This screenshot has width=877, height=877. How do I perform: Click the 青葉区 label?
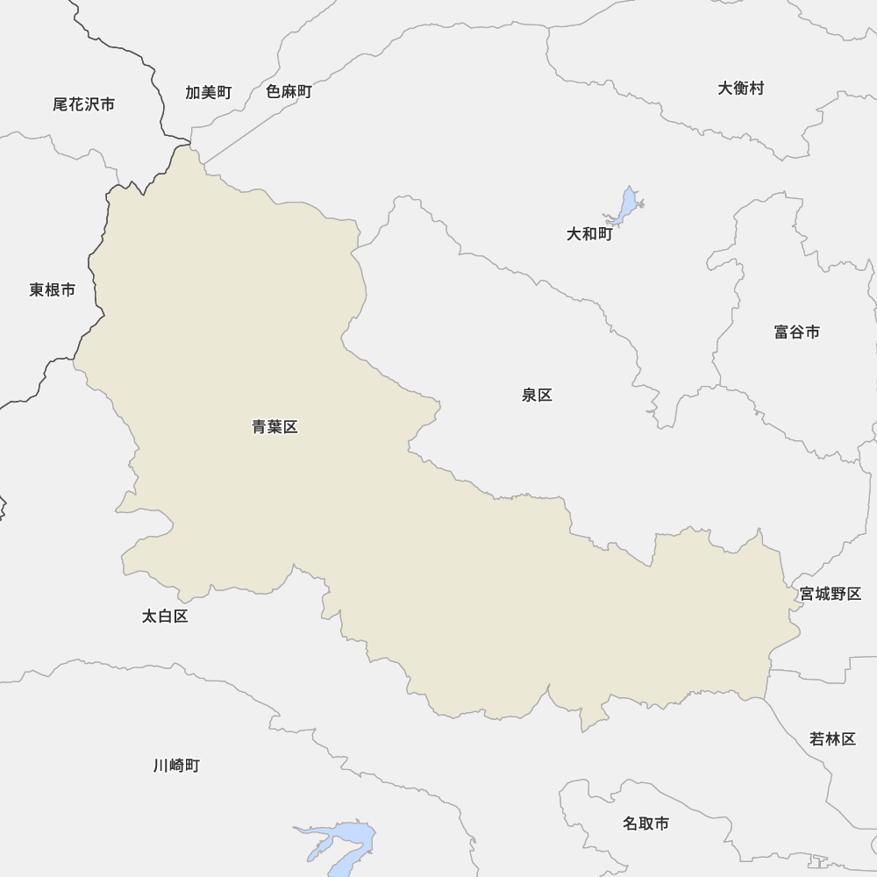pos(275,427)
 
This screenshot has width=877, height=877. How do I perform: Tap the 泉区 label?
pos(537,396)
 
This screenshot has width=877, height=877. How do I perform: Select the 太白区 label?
pos(165,617)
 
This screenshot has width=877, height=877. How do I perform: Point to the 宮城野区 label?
pos(830,594)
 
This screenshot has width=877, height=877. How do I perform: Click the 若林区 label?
pos(832,739)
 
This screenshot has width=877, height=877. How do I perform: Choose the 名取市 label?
pos(645,824)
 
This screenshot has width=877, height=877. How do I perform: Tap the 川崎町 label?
pos(176,766)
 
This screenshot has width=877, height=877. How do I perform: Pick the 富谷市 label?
pos(796,332)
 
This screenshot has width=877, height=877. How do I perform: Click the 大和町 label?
pos(588,234)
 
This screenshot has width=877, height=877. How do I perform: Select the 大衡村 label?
pos(740,89)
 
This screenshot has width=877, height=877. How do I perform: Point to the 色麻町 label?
pos(289,92)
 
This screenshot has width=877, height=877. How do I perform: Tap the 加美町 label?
pos(208,92)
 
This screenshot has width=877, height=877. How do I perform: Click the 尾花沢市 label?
pos(83,104)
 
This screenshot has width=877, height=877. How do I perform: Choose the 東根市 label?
pos(52,290)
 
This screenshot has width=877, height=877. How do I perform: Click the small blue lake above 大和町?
pos(626,205)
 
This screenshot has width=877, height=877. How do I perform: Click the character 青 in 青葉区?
pos(260,427)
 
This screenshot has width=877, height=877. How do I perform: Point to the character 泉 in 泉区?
pos(529,396)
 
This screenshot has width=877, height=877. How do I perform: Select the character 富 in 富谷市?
pos(781,332)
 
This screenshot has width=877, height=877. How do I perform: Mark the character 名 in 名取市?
pos(631,824)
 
